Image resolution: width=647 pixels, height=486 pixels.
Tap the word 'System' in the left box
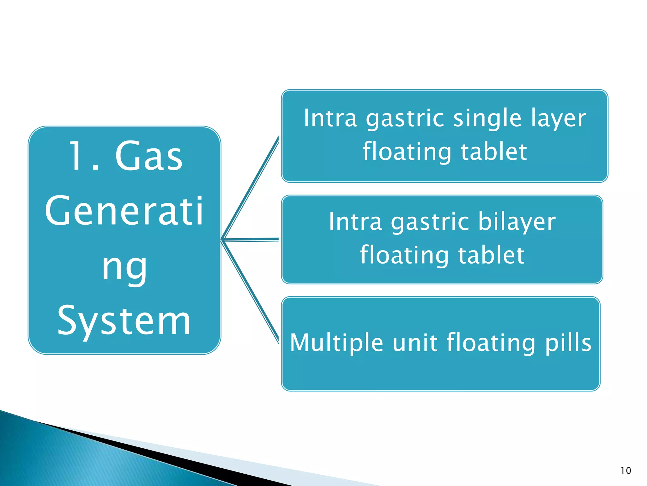(124, 321)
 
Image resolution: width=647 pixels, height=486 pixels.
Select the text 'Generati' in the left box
(124, 211)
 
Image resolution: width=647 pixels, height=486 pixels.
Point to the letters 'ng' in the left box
(124, 267)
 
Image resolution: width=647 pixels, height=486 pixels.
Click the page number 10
(626, 470)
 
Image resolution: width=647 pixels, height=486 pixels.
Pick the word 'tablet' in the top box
(494, 152)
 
